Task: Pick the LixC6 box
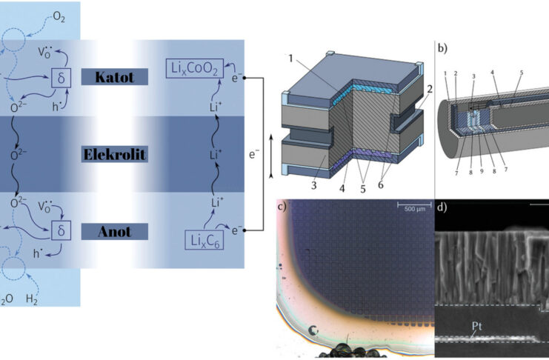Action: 204,241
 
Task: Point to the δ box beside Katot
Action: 61,76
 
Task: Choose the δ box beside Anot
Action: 61,231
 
